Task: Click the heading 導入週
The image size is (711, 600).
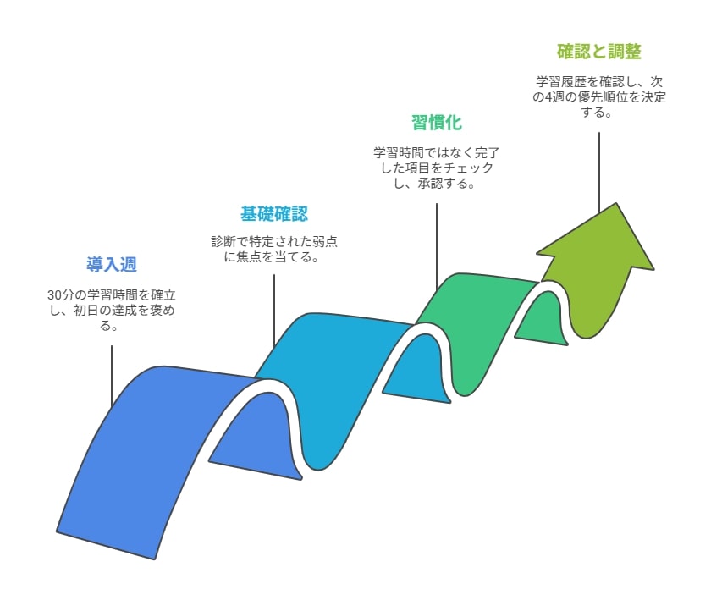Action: point(112,265)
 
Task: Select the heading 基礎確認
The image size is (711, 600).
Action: point(274,214)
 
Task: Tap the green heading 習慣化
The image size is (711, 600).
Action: point(437,123)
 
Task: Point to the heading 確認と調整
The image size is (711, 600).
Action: point(599,52)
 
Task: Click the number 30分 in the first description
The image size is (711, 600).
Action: point(61,295)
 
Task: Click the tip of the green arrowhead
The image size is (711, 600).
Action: point(616,203)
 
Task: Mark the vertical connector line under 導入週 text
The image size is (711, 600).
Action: point(112,376)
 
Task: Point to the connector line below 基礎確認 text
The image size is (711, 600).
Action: point(274,311)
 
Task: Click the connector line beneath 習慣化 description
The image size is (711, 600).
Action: point(437,247)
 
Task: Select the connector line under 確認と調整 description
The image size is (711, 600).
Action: point(599,173)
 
